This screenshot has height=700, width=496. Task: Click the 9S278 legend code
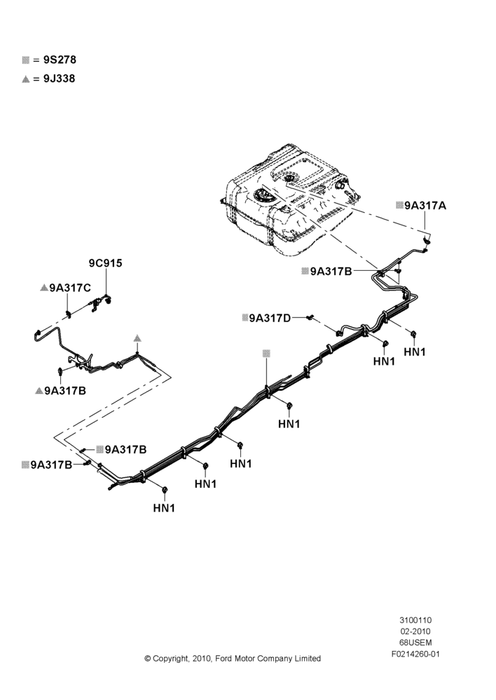tap(60, 59)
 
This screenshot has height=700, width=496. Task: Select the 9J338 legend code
tap(60, 78)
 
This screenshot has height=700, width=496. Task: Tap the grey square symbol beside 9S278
tap(25, 60)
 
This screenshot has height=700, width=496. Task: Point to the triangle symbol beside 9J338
tap(25, 79)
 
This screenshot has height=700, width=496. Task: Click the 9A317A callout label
tap(425, 205)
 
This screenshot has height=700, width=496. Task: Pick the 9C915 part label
tap(106, 263)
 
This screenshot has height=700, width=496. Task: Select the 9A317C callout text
tap(70, 288)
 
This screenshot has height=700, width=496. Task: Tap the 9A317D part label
tap(270, 318)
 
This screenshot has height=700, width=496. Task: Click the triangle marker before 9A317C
tap(44, 288)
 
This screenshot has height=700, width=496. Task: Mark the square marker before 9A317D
tap(245, 317)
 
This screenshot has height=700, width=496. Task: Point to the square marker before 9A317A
tap(400, 205)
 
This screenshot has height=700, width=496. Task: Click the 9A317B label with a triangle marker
tap(65, 391)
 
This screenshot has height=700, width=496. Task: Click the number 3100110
tap(415, 620)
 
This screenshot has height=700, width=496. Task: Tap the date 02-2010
tap(415, 631)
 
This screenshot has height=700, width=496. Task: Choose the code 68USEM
tap(415, 643)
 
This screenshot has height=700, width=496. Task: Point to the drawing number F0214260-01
tap(415, 654)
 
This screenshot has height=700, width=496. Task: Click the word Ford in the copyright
tap(223, 659)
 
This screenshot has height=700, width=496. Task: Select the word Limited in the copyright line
tap(308, 659)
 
